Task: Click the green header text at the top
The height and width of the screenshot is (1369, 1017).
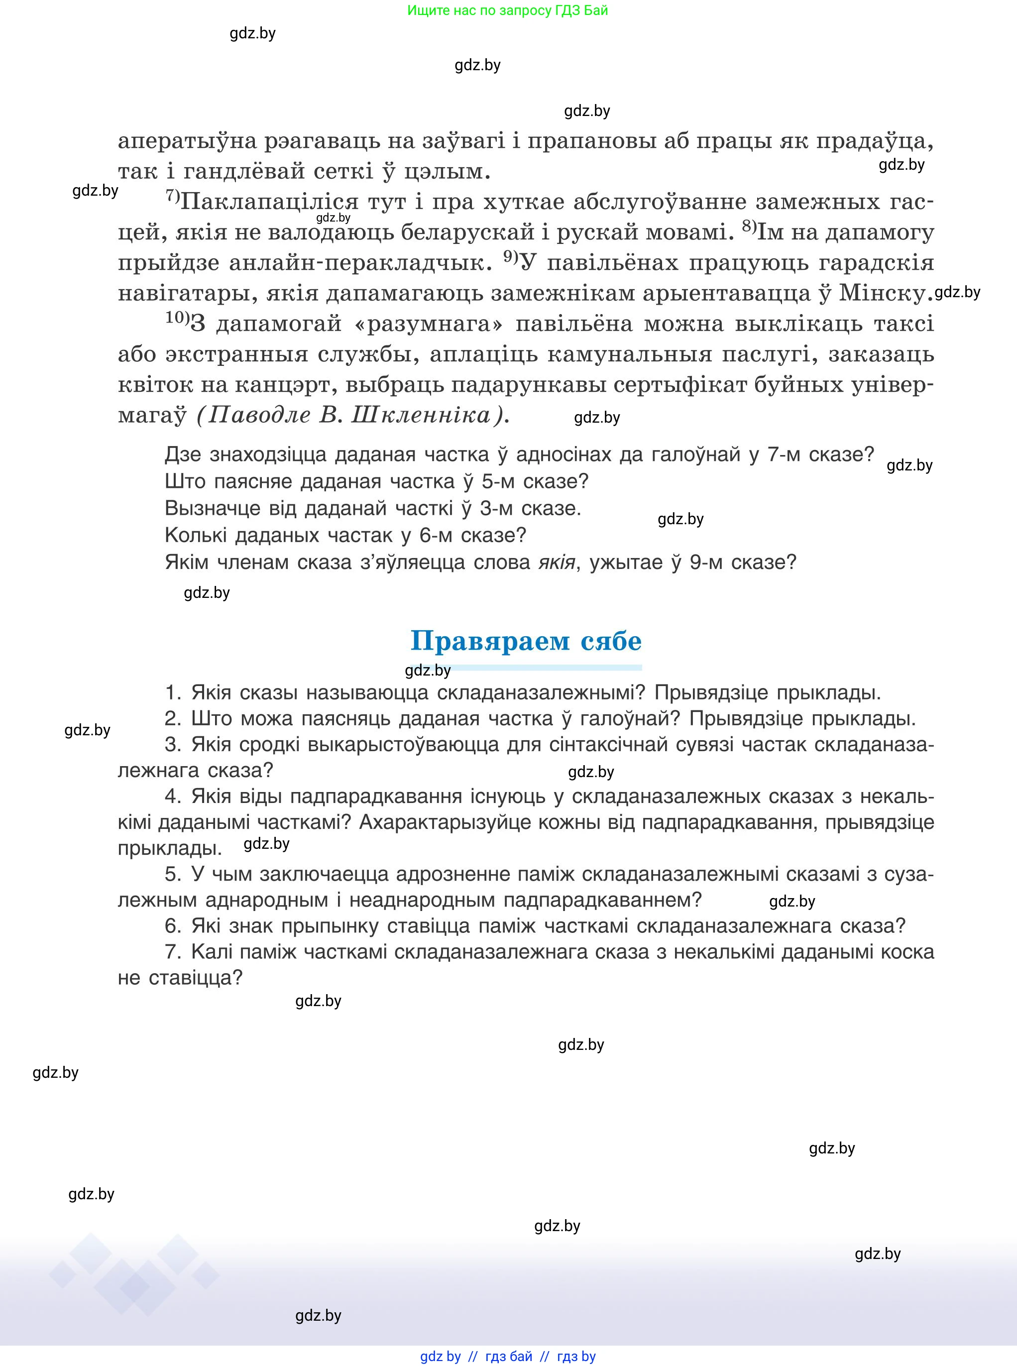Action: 507,10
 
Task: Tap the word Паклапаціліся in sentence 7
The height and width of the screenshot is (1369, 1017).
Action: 271,202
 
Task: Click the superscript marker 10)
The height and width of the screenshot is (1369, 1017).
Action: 177,318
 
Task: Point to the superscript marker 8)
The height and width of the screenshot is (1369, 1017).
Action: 749,227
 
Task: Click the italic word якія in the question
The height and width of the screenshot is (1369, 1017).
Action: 557,562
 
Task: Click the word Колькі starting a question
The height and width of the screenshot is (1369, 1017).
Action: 196,535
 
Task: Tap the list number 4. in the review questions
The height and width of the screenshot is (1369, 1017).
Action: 172,797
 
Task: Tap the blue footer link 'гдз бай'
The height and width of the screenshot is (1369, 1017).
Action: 509,1356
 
